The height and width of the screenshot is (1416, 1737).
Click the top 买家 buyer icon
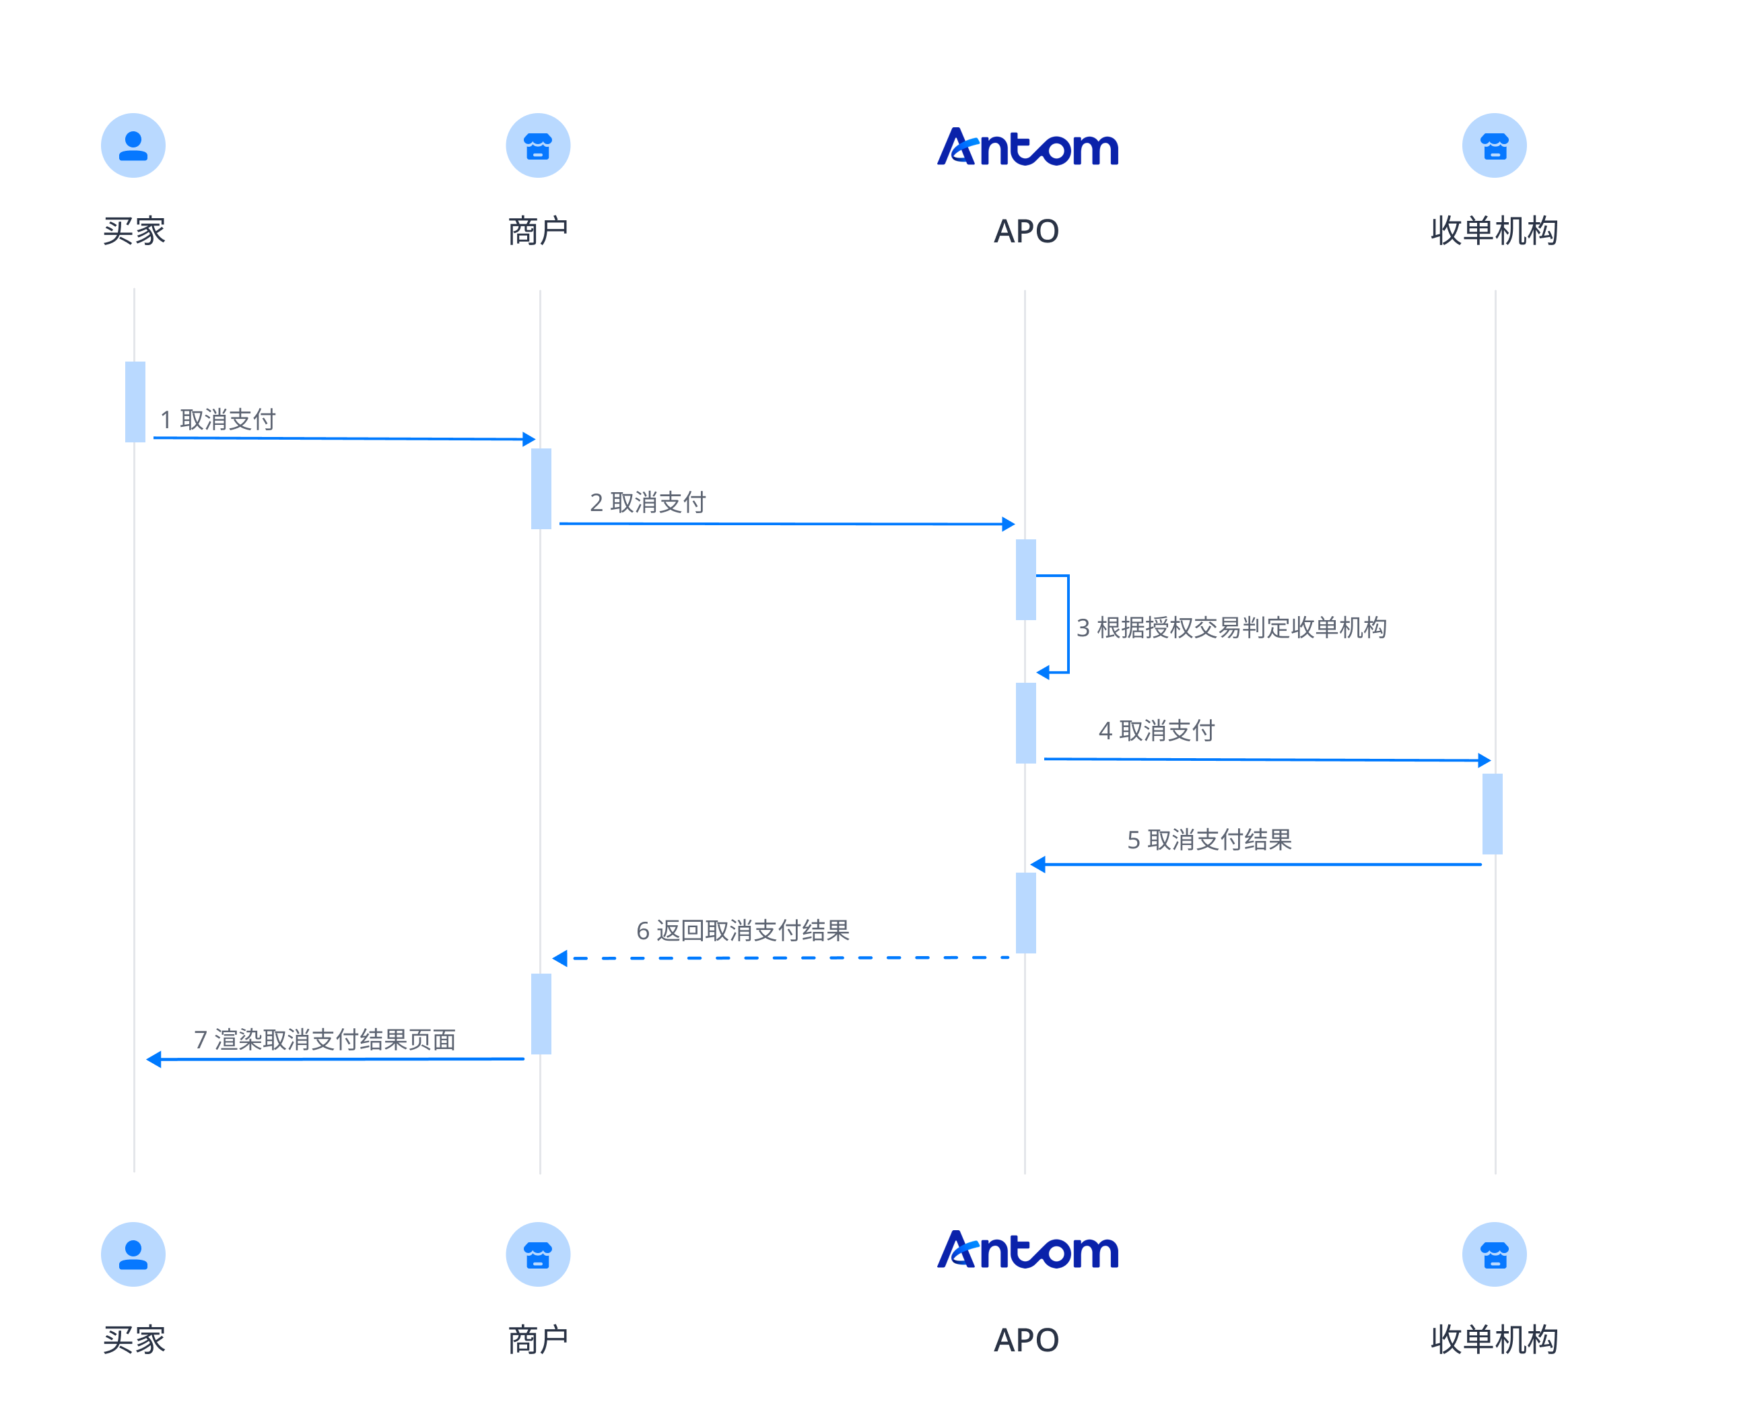[x=133, y=145]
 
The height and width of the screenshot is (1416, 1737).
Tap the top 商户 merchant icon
[x=537, y=145]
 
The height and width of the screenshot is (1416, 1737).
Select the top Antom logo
[x=1027, y=147]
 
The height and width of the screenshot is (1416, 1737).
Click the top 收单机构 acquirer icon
[x=1493, y=145]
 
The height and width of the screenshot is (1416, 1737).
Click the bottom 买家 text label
[x=134, y=1339]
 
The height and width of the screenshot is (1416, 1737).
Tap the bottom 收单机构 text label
[x=1493, y=1339]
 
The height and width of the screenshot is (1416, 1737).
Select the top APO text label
[x=1026, y=232]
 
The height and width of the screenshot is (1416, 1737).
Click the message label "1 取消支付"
[x=217, y=419]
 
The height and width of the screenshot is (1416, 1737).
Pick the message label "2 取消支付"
[x=648, y=502]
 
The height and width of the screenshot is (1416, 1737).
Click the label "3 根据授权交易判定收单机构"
[x=1231, y=628]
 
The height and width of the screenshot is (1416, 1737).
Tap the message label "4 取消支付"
[x=1157, y=730]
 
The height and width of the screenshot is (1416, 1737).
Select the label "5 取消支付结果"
[x=1208, y=840]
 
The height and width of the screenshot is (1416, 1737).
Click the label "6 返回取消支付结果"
[x=742, y=930]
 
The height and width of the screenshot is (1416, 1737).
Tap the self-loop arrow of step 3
[x=1068, y=624]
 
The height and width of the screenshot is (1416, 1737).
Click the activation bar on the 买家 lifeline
[x=135, y=401]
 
